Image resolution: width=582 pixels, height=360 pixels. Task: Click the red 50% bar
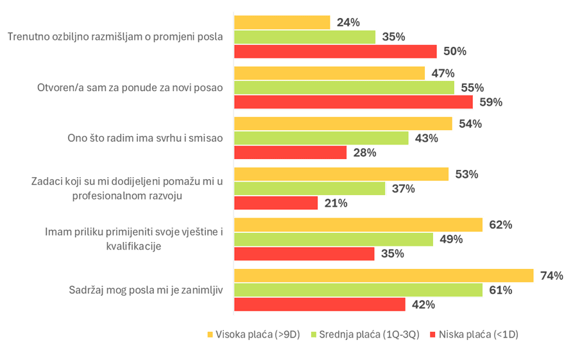pyautogui.click(x=336, y=51)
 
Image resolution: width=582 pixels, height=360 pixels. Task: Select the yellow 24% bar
pyautogui.click(x=282, y=22)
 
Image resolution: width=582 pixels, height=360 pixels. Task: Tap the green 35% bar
pyautogui.click(x=305, y=37)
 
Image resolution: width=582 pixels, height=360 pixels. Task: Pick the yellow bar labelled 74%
pyautogui.click(x=384, y=275)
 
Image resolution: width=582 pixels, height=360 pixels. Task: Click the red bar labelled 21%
pyautogui.click(x=276, y=203)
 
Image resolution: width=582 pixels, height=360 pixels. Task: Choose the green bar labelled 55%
pyautogui.click(x=344, y=87)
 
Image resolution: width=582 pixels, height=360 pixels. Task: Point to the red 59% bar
pyautogui.click(x=354, y=102)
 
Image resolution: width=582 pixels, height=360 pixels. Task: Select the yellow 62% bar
pyautogui.click(x=358, y=225)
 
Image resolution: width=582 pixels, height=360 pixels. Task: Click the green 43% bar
pyautogui.click(x=321, y=138)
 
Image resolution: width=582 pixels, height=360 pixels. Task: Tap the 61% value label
pyautogui.click(x=501, y=290)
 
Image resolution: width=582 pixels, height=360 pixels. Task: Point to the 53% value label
pyautogui.click(x=466, y=174)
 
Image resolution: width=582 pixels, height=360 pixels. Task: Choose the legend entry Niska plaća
pyautogui.click(x=478, y=335)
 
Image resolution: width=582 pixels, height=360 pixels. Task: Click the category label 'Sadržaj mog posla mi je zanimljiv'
pyautogui.click(x=146, y=290)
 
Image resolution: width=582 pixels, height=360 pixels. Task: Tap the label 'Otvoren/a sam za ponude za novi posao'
pyautogui.click(x=130, y=87)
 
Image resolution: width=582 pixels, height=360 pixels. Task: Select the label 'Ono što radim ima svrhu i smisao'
pyautogui.click(x=145, y=138)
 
